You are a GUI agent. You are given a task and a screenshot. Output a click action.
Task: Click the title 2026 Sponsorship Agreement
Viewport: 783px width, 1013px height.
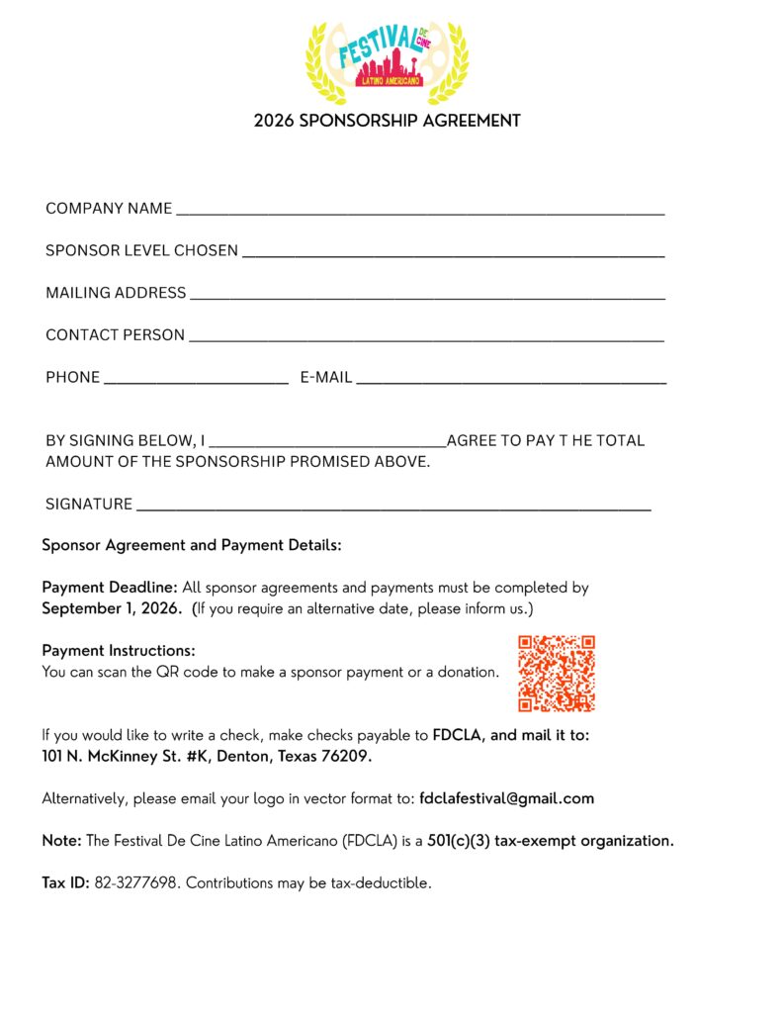pyautogui.click(x=387, y=122)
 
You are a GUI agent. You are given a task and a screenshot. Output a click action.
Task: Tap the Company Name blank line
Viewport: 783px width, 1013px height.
pyautogui.click(x=419, y=212)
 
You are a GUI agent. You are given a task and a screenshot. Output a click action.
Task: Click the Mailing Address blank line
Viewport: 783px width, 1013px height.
pyautogui.click(x=426, y=296)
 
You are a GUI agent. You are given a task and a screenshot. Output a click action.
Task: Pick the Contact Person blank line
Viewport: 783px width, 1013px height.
pyautogui.click(x=426, y=338)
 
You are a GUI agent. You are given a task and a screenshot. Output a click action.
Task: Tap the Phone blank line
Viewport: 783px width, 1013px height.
pyautogui.click(x=195, y=380)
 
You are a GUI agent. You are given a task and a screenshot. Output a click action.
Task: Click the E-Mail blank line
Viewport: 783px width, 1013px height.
pyautogui.click(x=511, y=380)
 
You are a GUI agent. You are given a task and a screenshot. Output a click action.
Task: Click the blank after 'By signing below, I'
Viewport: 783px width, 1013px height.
pyautogui.click(x=327, y=443)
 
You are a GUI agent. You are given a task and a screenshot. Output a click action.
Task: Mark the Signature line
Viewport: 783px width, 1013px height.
pyautogui.click(x=393, y=507)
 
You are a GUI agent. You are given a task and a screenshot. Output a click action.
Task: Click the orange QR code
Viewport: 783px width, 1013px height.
pyautogui.click(x=557, y=674)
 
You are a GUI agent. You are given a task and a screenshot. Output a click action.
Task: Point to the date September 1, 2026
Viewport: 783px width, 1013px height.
pyautogui.click(x=112, y=609)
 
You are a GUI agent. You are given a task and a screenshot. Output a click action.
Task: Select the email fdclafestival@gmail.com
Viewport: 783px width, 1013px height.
pyautogui.click(x=506, y=798)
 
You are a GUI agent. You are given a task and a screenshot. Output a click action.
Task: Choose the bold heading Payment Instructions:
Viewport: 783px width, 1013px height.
pyautogui.click(x=119, y=651)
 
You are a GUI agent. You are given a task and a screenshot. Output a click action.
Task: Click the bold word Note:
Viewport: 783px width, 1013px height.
pyautogui.click(x=61, y=841)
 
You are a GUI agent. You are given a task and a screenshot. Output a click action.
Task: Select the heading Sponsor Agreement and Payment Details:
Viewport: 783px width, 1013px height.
pyautogui.click(x=192, y=545)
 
